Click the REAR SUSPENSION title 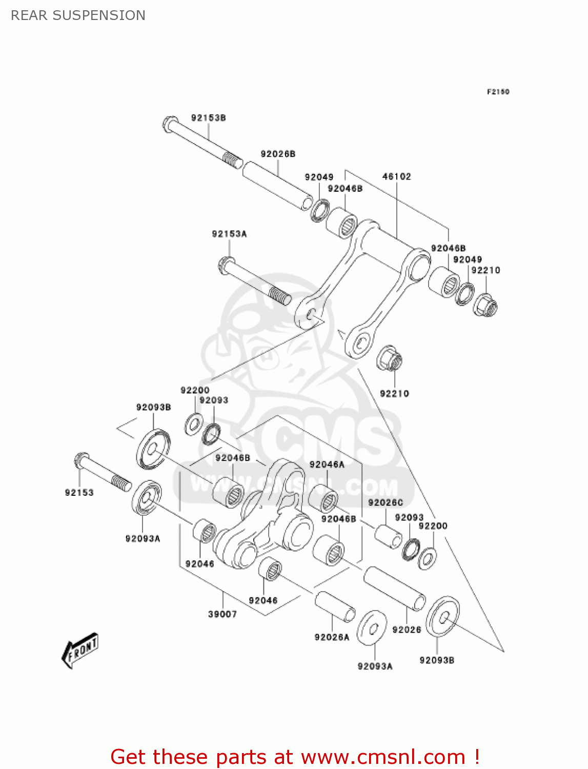78,15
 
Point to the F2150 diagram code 498,92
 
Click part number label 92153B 209,118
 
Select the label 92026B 278,154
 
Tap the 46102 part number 397,176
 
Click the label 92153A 229,234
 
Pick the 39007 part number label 222,614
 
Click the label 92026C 386,502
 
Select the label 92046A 327,464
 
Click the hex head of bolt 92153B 170,124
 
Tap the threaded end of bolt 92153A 280,296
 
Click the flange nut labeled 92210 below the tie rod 390,358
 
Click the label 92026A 332,637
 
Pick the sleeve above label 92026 394,588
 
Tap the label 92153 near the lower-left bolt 79,493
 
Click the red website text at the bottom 295,757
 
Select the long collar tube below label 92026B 277,186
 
